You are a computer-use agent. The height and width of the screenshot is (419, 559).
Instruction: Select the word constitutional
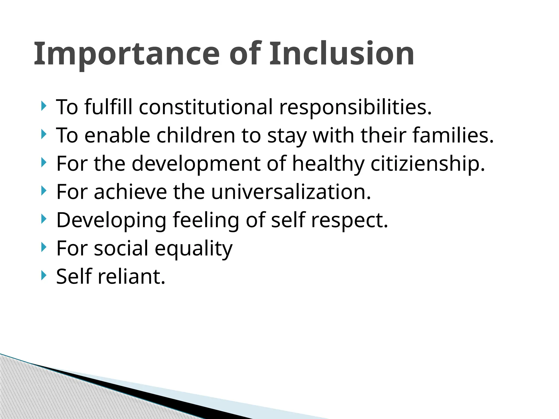[206, 107]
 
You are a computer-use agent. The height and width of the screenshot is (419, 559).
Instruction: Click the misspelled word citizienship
[427, 164]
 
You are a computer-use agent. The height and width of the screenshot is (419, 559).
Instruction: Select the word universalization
[291, 192]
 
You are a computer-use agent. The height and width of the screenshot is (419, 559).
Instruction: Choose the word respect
[349, 220]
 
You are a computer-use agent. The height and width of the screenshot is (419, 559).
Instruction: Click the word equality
[194, 249]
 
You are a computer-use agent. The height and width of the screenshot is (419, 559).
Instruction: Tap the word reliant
[131, 277]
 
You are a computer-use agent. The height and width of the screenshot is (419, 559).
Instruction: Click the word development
[196, 164]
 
